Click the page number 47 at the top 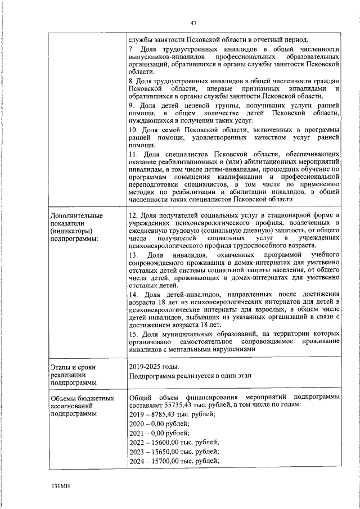(193, 22)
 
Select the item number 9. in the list (132, 106)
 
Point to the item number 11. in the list (134, 154)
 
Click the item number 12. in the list (134, 215)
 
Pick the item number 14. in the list (134, 294)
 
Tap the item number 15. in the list (134, 334)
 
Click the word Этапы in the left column (61, 367)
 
